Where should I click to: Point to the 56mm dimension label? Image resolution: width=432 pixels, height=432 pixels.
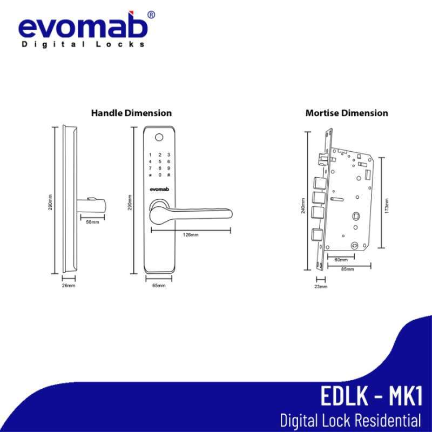click(92, 222)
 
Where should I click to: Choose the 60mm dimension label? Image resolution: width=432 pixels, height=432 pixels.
click(341, 260)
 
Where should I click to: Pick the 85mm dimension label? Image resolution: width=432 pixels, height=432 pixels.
click(348, 269)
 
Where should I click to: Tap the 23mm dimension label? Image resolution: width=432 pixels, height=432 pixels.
click(320, 287)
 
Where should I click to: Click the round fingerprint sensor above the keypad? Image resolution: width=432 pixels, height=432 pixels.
click(159, 136)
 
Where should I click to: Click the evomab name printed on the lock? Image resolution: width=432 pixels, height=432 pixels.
click(159, 190)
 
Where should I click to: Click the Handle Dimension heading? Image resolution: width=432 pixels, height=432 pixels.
click(131, 113)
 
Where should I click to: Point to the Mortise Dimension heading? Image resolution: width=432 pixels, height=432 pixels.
click(347, 113)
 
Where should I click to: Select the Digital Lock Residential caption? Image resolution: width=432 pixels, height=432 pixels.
click(350, 420)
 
